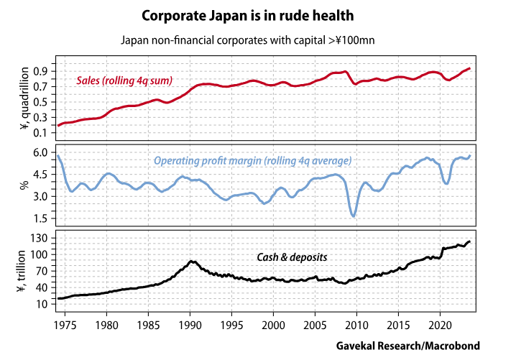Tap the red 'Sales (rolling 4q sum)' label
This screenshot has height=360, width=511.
pyautogui.click(x=124, y=80)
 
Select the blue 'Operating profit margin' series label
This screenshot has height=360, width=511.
pyautogui.click(x=252, y=160)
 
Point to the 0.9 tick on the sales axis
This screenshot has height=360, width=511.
pyautogui.click(x=40, y=70)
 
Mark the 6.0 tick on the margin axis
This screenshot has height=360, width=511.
pyautogui.click(x=40, y=153)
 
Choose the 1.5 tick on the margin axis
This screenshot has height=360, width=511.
pyautogui.click(x=40, y=218)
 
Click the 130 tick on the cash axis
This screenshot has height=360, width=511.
pyautogui.click(x=38, y=239)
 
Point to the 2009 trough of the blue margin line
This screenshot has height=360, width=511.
pyautogui.click(x=354, y=216)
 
